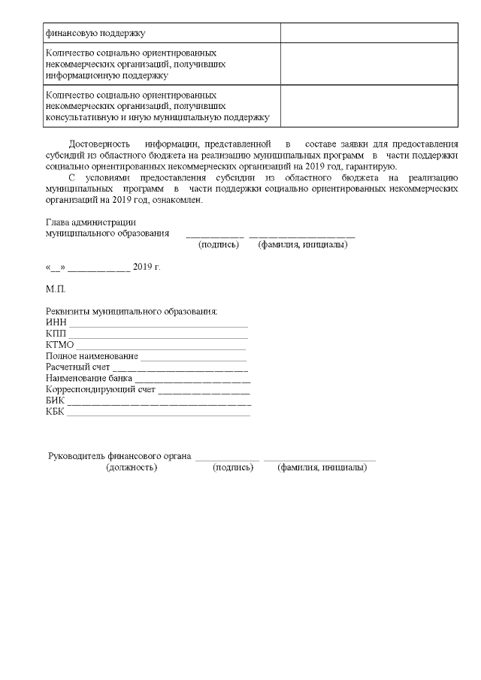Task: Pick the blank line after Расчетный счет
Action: coord(180,370)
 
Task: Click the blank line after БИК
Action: coord(159,403)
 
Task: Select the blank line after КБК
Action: coord(159,413)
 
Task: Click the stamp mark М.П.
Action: coord(56,289)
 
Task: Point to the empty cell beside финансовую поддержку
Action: coord(369,32)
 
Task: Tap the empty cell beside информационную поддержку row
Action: coord(369,64)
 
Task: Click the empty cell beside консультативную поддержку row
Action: coord(369,106)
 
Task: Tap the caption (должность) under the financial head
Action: coord(132,467)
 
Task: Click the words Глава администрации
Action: coord(91,222)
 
